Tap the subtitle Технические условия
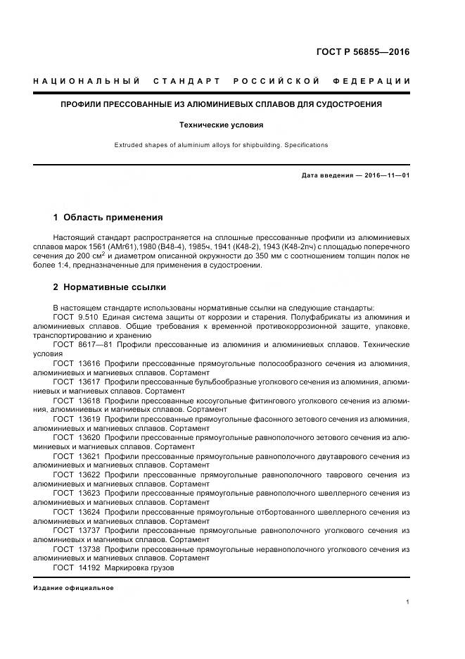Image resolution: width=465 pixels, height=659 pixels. pyautogui.click(x=221, y=125)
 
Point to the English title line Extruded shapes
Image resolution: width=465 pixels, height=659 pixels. pyautogui.click(x=221, y=145)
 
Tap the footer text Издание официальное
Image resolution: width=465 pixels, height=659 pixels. pyautogui.click(x=73, y=588)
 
